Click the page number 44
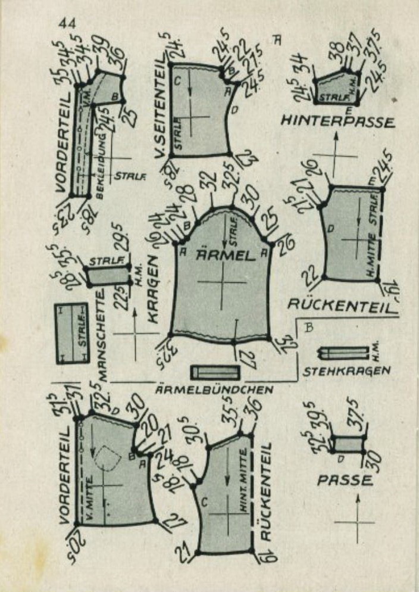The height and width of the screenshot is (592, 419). tap(67, 24)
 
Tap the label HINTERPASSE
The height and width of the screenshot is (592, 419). tap(337, 122)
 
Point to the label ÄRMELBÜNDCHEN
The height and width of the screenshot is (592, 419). tap(214, 390)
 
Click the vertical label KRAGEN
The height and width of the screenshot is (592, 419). tap(153, 289)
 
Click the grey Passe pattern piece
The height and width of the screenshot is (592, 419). tap(349, 444)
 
